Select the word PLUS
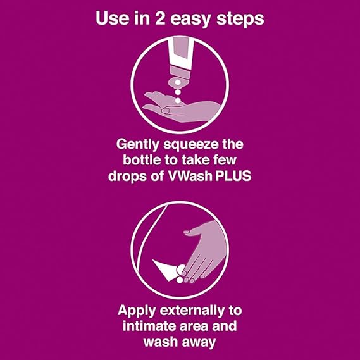(237, 176)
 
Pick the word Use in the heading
(113, 18)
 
